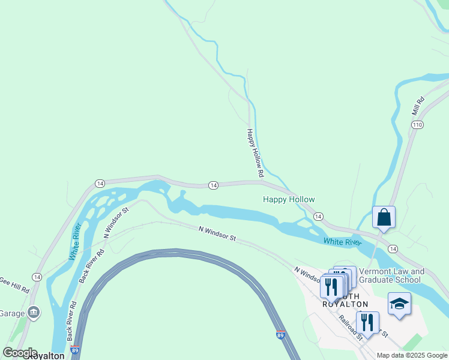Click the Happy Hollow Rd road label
click(x=256, y=152)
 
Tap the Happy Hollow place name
click(x=289, y=199)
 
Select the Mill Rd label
click(x=418, y=106)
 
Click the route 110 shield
click(x=418, y=124)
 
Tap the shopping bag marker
click(x=384, y=217)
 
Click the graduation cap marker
click(x=399, y=304)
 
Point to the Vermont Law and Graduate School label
click(x=391, y=275)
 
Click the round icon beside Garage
click(x=34, y=312)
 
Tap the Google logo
click(x=20, y=353)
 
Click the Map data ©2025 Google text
click(x=412, y=355)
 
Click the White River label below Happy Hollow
click(x=342, y=242)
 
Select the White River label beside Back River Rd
click(x=75, y=241)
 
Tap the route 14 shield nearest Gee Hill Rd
click(x=37, y=277)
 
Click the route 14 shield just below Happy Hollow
click(x=318, y=216)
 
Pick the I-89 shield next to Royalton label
click(x=74, y=350)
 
